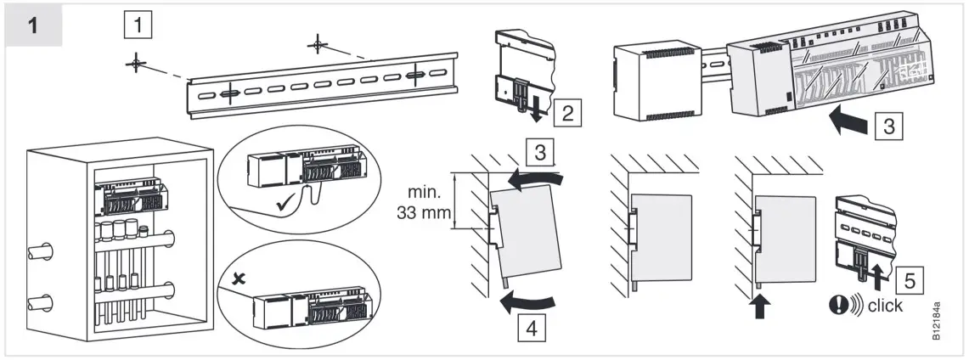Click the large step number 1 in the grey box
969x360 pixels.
tap(33, 25)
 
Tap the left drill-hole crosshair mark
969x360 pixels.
tap(136, 65)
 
